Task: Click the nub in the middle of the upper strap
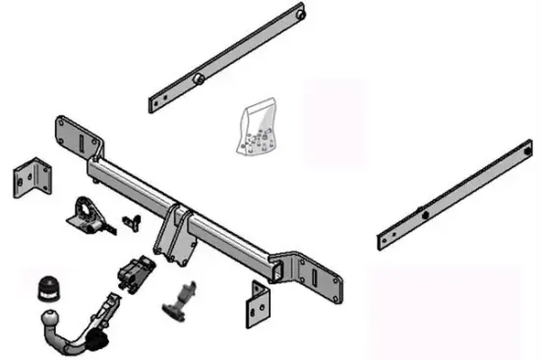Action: click(x=198, y=79)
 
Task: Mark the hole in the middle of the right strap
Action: click(x=424, y=213)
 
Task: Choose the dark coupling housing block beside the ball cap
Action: click(x=136, y=268)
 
